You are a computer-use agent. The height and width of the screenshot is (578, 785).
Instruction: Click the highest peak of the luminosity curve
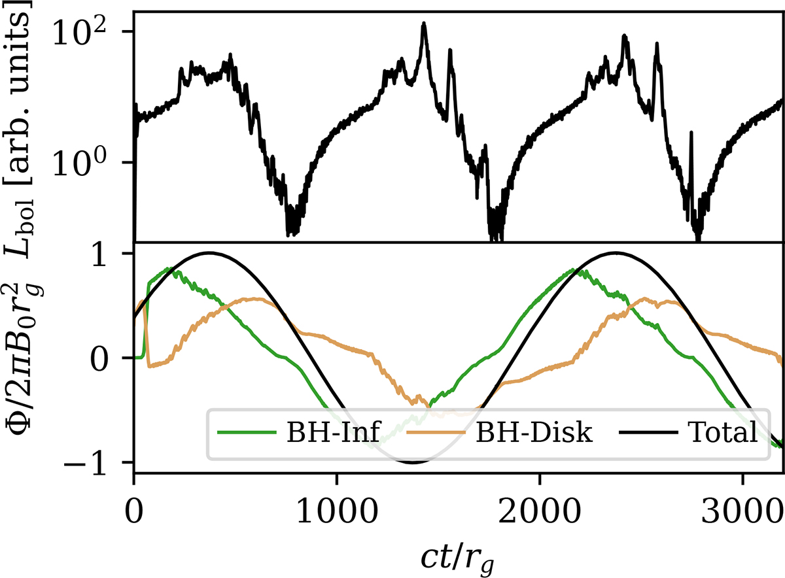coord(424,24)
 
